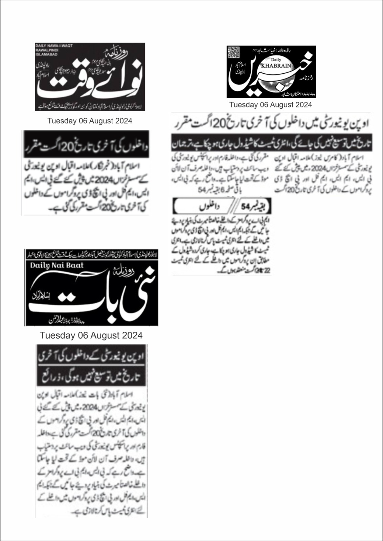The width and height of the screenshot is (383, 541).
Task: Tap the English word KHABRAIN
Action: (279, 66)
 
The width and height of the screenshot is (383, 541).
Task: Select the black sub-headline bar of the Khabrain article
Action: (271, 144)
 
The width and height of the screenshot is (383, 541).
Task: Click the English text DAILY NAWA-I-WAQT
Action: (54, 46)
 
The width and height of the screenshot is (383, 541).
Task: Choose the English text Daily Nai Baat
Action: (57, 265)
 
